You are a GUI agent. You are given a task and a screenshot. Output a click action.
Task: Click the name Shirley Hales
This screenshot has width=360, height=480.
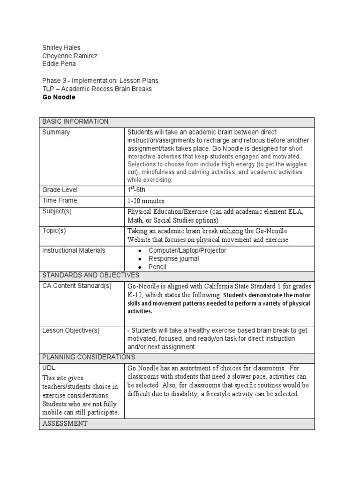point(61,47)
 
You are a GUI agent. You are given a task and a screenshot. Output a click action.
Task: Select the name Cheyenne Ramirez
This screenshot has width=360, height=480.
point(70,56)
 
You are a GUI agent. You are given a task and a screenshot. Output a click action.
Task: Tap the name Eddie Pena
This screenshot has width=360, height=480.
point(59,64)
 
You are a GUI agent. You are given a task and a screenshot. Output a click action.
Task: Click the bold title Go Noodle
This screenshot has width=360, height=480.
point(59,97)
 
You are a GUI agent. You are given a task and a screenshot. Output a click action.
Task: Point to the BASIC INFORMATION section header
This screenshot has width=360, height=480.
point(75,121)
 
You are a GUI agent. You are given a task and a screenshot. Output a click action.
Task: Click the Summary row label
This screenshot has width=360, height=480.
point(56,132)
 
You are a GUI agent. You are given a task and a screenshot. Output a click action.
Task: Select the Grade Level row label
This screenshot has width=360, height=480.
point(60,190)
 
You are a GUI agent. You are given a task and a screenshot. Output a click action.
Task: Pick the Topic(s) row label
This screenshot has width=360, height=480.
point(54,231)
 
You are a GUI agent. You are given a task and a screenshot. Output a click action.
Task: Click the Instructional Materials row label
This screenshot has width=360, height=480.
point(74,250)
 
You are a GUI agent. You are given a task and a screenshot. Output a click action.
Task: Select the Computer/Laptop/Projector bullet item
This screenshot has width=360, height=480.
point(187,250)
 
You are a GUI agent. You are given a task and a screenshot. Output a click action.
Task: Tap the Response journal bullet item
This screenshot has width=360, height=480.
point(173,259)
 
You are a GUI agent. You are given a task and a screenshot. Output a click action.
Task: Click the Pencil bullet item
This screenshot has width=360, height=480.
point(157,267)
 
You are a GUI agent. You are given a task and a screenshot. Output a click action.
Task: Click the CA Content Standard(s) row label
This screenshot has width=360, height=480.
point(77,286)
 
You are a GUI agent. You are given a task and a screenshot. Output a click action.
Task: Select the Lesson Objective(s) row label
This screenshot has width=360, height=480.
point(71,330)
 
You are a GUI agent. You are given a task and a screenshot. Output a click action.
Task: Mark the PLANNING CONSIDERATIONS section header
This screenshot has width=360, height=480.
point(89,357)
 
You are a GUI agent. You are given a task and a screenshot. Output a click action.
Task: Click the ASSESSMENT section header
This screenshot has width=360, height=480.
point(65,423)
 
